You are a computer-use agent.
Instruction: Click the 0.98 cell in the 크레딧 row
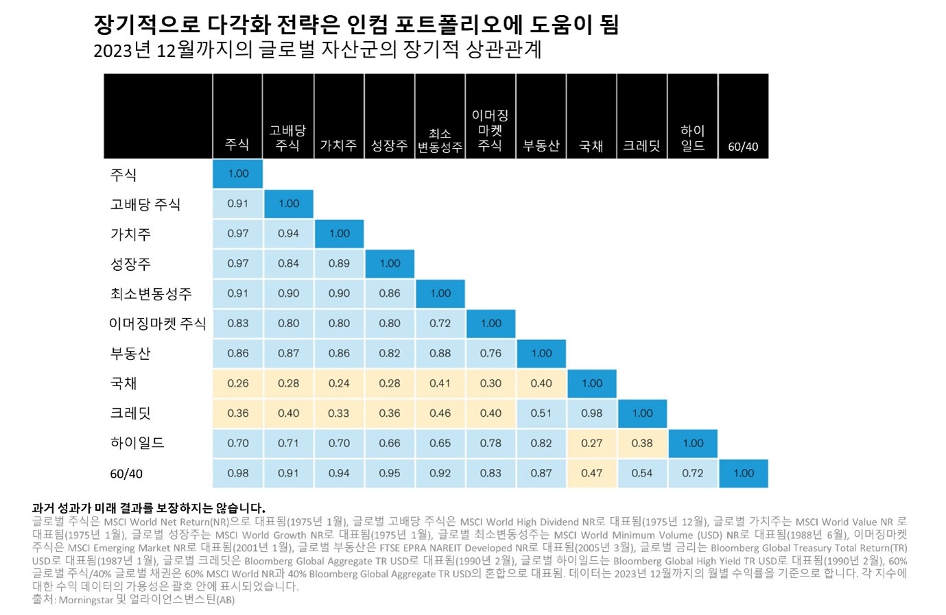tap(591, 413)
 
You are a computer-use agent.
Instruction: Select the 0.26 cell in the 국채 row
tap(238, 383)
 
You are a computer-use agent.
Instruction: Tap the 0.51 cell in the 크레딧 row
tap(541, 413)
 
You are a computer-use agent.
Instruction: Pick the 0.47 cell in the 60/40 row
tap(591, 473)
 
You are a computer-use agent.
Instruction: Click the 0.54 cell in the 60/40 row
tap(642, 473)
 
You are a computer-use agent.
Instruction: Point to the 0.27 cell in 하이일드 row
tap(591, 443)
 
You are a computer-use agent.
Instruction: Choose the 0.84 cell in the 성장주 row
tap(288, 263)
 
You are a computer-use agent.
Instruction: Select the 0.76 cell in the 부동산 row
tap(490, 353)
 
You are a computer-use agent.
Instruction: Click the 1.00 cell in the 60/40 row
tap(744, 473)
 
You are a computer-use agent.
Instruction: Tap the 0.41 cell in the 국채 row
tap(440, 383)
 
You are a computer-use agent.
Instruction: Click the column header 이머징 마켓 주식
tap(490, 130)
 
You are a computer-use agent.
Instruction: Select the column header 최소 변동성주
tap(440, 141)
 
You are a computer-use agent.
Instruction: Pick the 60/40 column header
tap(743, 147)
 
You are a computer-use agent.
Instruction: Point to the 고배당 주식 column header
tap(287, 138)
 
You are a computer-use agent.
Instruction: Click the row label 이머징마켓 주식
tap(158, 324)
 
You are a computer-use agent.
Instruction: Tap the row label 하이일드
tap(137, 443)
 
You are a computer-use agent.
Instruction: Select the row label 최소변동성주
tap(151, 293)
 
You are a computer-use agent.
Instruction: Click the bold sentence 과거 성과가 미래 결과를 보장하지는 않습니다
tap(148, 508)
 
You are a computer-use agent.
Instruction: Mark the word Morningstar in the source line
tap(86, 600)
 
